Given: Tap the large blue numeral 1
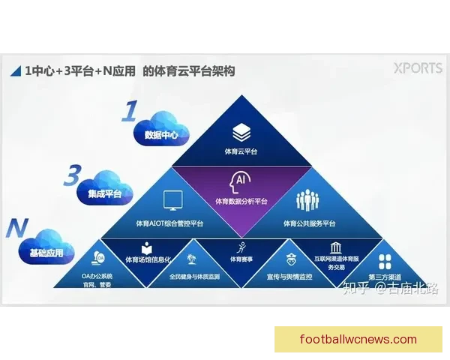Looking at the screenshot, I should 129,112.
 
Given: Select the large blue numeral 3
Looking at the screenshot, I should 72,176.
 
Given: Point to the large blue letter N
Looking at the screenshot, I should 15,228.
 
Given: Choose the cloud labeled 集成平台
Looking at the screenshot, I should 104,193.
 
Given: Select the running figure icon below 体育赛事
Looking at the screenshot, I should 241,248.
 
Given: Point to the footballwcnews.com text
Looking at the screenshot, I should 358,339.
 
